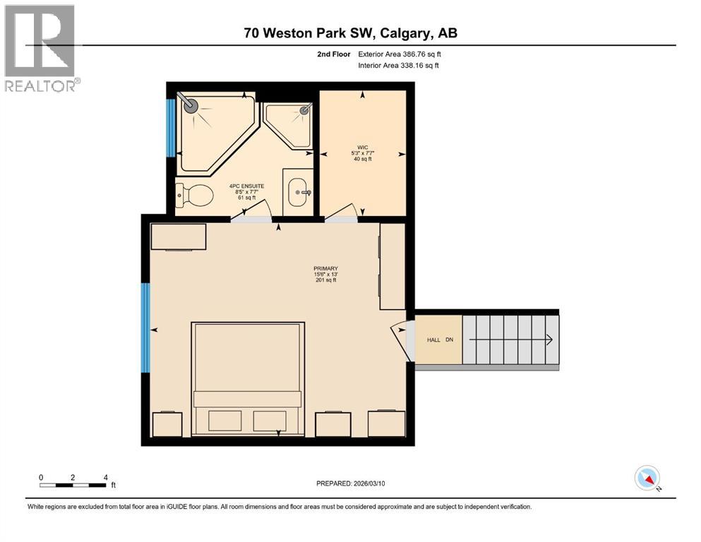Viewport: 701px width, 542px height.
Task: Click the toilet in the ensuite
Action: tap(194, 195)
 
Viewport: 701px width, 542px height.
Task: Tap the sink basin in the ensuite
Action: tap(298, 192)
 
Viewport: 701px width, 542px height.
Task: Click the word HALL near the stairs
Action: tap(433, 340)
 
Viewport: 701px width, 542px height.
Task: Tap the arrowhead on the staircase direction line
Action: tap(549, 340)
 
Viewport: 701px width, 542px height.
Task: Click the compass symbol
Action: tap(647, 478)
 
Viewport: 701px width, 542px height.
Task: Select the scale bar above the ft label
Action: tap(73, 485)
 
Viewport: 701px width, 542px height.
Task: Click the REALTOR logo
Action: tap(41, 48)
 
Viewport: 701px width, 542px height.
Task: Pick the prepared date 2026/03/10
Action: tap(369, 483)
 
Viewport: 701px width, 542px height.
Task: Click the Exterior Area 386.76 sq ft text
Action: tap(400, 54)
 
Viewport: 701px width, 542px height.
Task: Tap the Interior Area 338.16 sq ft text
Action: tap(398, 65)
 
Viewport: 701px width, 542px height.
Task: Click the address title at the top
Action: tap(350, 33)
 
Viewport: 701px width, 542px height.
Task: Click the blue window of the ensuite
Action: tap(170, 128)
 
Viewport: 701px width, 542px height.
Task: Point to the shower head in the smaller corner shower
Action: tap(305, 109)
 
